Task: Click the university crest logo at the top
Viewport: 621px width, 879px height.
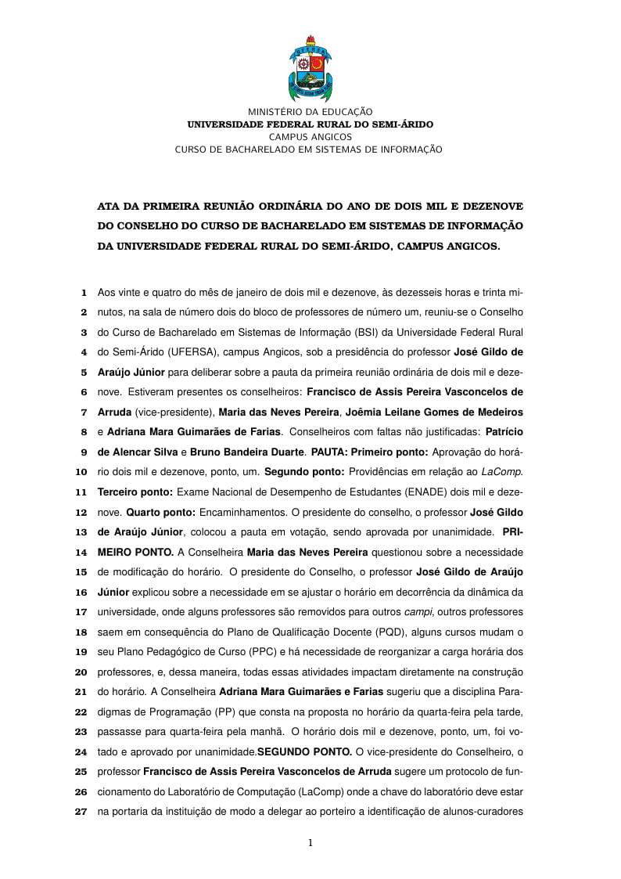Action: coord(310,68)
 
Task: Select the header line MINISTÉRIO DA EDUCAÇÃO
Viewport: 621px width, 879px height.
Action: coord(310,112)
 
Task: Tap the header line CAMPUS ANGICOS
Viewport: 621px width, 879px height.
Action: coord(310,137)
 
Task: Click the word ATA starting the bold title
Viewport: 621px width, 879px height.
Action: coord(107,206)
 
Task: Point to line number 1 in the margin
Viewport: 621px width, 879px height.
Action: coord(84,294)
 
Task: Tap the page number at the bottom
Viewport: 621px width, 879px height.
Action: coord(310,843)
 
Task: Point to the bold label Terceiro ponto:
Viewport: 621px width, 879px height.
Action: coord(135,492)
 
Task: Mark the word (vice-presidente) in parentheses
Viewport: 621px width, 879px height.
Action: coord(174,412)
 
